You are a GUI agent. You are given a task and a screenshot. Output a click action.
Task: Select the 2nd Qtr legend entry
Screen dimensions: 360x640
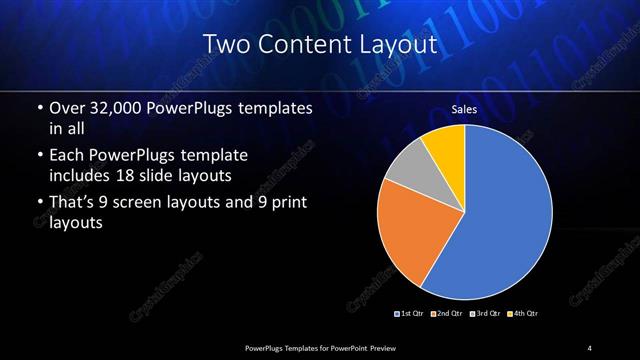[x=446, y=314]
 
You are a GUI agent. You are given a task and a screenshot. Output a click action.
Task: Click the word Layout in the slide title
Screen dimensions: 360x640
[x=399, y=44]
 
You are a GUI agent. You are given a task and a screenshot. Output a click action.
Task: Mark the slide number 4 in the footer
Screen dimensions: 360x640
[x=590, y=347]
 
